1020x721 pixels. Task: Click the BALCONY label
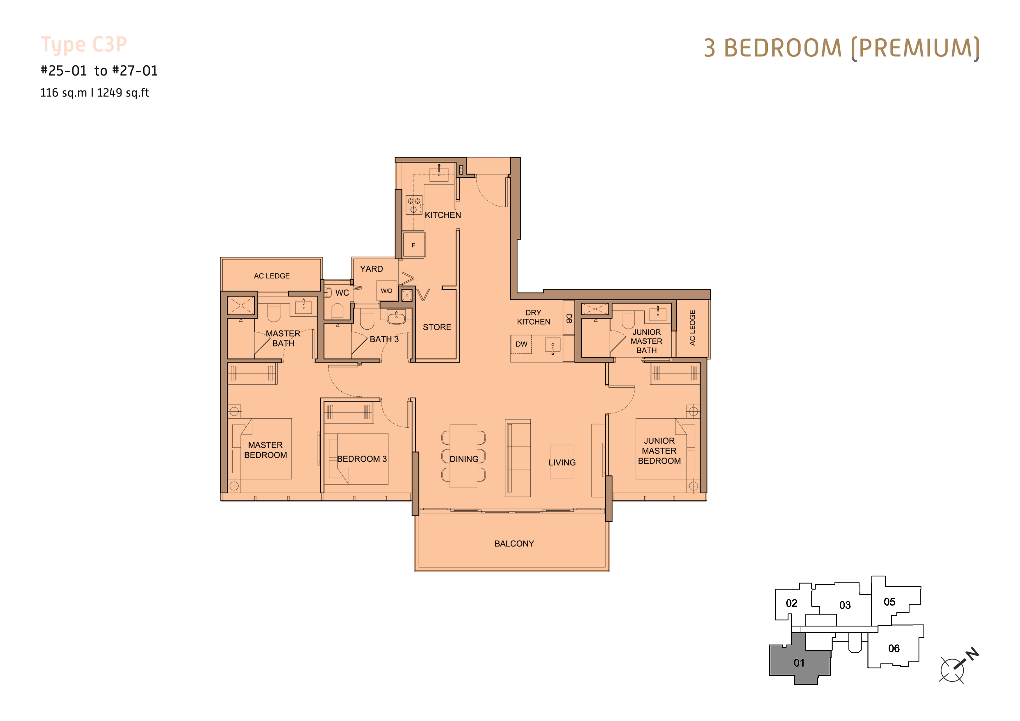(x=514, y=544)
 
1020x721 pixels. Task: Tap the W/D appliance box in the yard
(x=386, y=291)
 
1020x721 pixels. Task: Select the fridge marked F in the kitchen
(x=413, y=245)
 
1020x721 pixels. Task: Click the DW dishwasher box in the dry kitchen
(x=521, y=344)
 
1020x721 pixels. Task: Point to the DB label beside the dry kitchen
(x=569, y=319)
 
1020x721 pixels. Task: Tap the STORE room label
(x=437, y=327)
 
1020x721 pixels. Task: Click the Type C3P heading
(x=84, y=45)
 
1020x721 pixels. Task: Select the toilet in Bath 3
(x=367, y=319)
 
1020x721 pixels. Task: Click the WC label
(x=342, y=293)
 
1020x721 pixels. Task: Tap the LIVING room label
(x=562, y=463)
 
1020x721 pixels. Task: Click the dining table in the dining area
(x=463, y=456)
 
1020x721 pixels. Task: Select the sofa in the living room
(x=518, y=458)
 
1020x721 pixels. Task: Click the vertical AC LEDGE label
(x=692, y=328)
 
